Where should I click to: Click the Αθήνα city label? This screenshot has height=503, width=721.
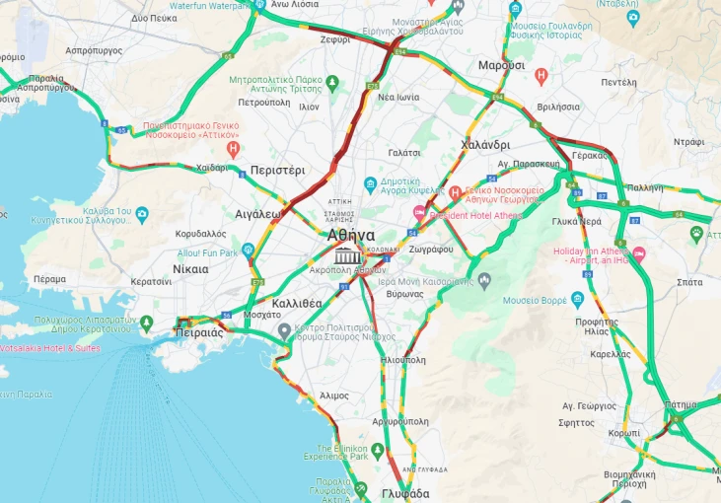(x=351, y=236)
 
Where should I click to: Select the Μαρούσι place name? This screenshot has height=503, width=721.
(x=501, y=65)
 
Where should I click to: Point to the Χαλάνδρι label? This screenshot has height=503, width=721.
(x=484, y=145)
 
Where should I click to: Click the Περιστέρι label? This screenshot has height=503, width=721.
(x=277, y=170)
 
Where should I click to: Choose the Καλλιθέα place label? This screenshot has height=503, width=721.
(x=297, y=303)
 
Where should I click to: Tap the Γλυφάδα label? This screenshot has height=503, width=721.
(x=404, y=493)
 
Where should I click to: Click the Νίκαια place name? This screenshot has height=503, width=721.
(x=190, y=268)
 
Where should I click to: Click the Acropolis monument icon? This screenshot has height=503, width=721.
(x=346, y=256)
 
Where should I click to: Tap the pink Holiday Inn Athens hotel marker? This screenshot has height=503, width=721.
(x=638, y=254)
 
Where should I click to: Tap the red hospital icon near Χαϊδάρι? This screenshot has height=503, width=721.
(x=233, y=150)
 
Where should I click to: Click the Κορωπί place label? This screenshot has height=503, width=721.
(x=624, y=433)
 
